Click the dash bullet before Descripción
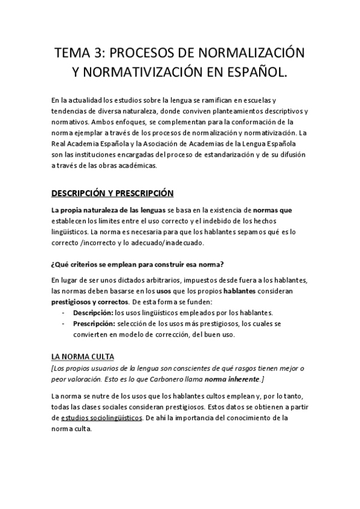pyautogui.click(x=64, y=313)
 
